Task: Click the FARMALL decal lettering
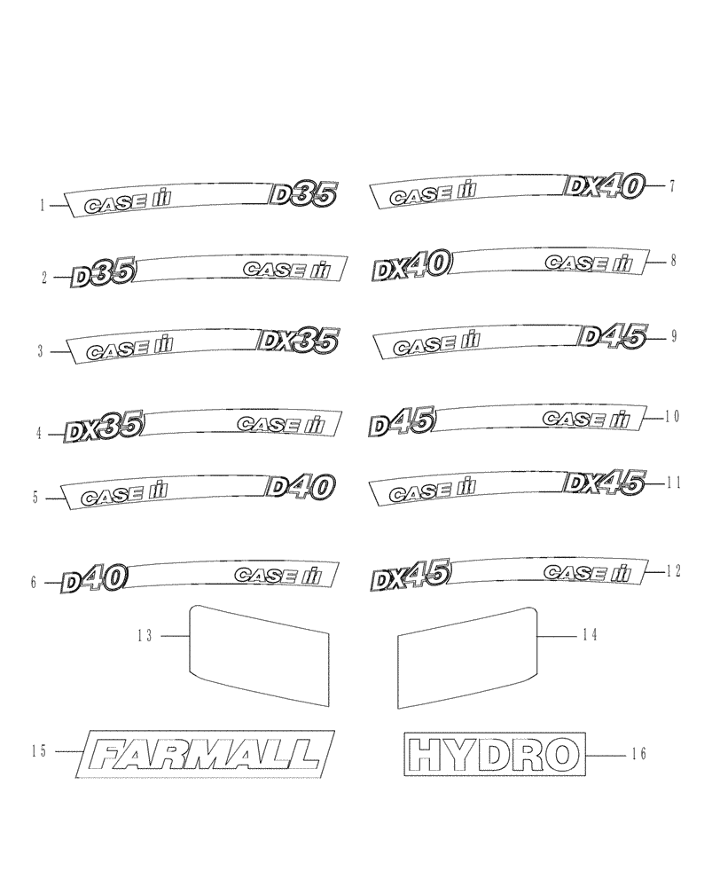[x=206, y=755]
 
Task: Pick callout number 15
[x=38, y=751]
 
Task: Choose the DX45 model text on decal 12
[x=410, y=574]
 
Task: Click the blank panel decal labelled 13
[x=259, y=648]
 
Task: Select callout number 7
[x=672, y=185]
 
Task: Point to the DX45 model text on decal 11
[x=604, y=483]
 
